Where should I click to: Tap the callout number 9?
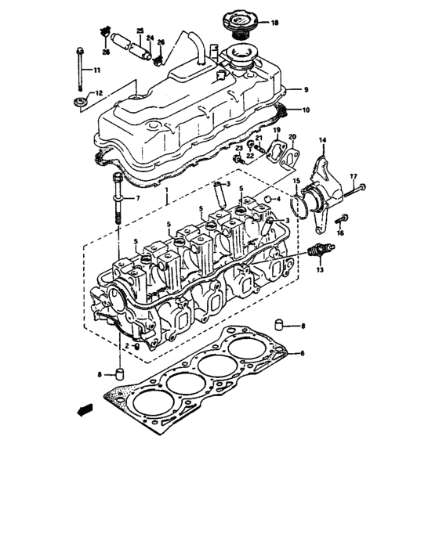[x=306, y=90]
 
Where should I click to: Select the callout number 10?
[x=306, y=110]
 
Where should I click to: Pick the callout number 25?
[x=140, y=31]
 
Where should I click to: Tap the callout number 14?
[x=321, y=139]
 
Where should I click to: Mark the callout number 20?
[x=292, y=137]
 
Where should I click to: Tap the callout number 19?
[x=277, y=130]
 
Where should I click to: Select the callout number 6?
[x=300, y=354]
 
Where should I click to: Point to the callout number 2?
[x=127, y=345]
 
